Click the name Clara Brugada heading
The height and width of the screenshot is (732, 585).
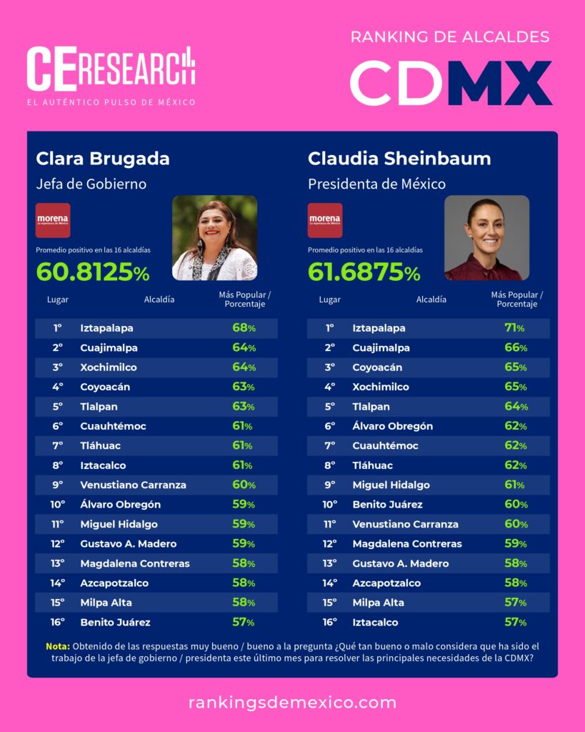(103, 159)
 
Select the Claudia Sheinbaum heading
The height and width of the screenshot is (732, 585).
(399, 159)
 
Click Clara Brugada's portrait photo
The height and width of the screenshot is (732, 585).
(214, 238)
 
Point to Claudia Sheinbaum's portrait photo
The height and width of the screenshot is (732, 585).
(486, 238)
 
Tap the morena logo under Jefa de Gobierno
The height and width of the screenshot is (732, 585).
(53, 220)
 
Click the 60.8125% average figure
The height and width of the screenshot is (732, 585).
(93, 272)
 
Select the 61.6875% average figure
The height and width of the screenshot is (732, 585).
(364, 272)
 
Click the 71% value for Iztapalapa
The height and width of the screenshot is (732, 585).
(514, 328)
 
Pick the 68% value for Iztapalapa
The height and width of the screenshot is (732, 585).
(244, 328)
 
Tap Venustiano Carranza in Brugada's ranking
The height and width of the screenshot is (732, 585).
(133, 485)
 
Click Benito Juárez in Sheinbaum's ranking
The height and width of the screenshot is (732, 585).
(387, 505)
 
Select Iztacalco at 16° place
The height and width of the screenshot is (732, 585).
(375, 622)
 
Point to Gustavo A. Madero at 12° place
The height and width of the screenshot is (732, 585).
(128, 543)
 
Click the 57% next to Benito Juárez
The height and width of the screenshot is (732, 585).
(244, 622)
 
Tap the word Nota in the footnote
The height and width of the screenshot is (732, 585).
(57, 646)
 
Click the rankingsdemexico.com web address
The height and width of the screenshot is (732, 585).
(292, 702)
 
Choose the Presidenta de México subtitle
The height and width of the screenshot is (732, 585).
(376, 184)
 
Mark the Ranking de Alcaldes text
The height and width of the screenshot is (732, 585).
(450, 37)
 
